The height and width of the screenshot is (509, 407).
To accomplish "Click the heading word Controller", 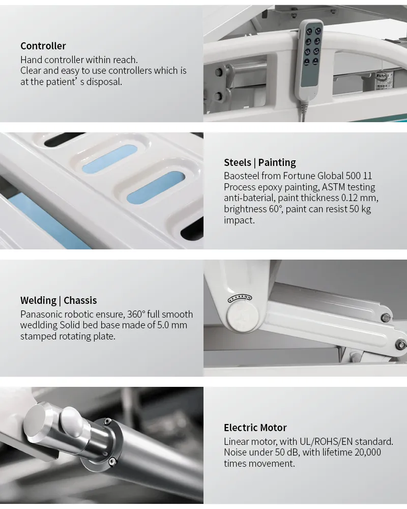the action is [x=43, y=46].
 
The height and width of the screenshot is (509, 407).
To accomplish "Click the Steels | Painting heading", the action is [x=260, y=162].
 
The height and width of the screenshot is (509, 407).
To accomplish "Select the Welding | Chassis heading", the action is [x=59, y=300].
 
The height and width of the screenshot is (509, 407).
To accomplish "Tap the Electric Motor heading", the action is [x=255, y=428].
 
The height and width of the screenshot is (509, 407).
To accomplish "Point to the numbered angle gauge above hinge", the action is [x=240, y=298].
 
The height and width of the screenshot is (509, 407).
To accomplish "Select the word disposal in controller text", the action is [x=104, y=82].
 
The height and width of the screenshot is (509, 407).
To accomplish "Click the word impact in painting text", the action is [x=239, y=220].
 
